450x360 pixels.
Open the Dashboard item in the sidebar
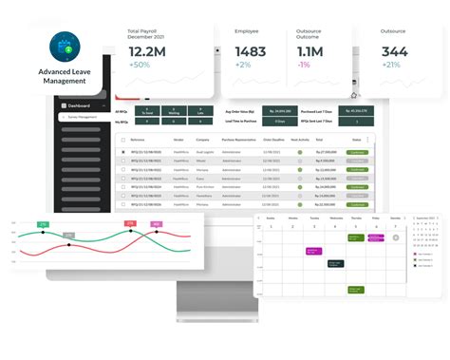79,105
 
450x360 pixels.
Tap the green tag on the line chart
43,224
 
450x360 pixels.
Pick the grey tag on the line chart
68,234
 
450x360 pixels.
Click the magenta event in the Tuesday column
313,251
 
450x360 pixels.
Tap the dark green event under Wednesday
335,262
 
